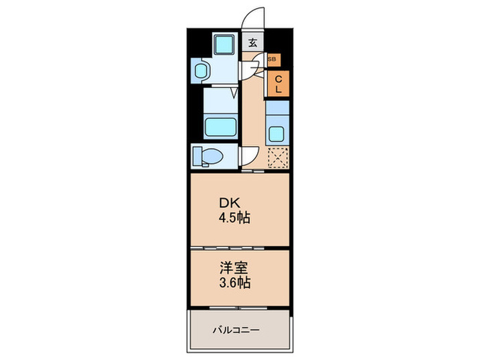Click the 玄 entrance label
253,43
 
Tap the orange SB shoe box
272,60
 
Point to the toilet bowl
211,156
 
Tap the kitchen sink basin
277,134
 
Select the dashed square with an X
277,158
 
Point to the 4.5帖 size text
235,219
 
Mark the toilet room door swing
248,156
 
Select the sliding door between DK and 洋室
239,246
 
